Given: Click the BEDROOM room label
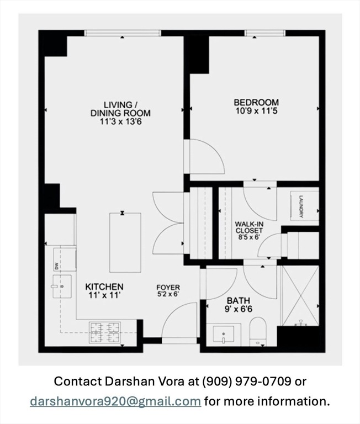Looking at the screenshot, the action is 256,103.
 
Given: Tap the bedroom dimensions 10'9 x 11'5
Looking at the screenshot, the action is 256,111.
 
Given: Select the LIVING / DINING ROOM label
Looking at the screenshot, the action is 120,109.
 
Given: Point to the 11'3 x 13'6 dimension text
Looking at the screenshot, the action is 120,121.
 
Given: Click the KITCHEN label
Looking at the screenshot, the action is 104,287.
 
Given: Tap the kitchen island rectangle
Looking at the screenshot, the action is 125,242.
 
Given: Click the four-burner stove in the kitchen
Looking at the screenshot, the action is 105,332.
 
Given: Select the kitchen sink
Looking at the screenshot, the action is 62,287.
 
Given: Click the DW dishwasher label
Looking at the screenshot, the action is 56,266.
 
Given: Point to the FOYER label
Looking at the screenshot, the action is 168,288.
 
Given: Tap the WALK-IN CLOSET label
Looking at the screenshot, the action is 249,227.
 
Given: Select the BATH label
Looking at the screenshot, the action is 239,300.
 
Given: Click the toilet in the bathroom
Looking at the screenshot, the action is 258,331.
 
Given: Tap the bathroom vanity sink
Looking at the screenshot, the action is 224,335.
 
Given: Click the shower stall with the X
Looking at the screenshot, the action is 300,296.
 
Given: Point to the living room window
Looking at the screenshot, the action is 123,33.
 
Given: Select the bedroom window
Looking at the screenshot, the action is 265,33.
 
